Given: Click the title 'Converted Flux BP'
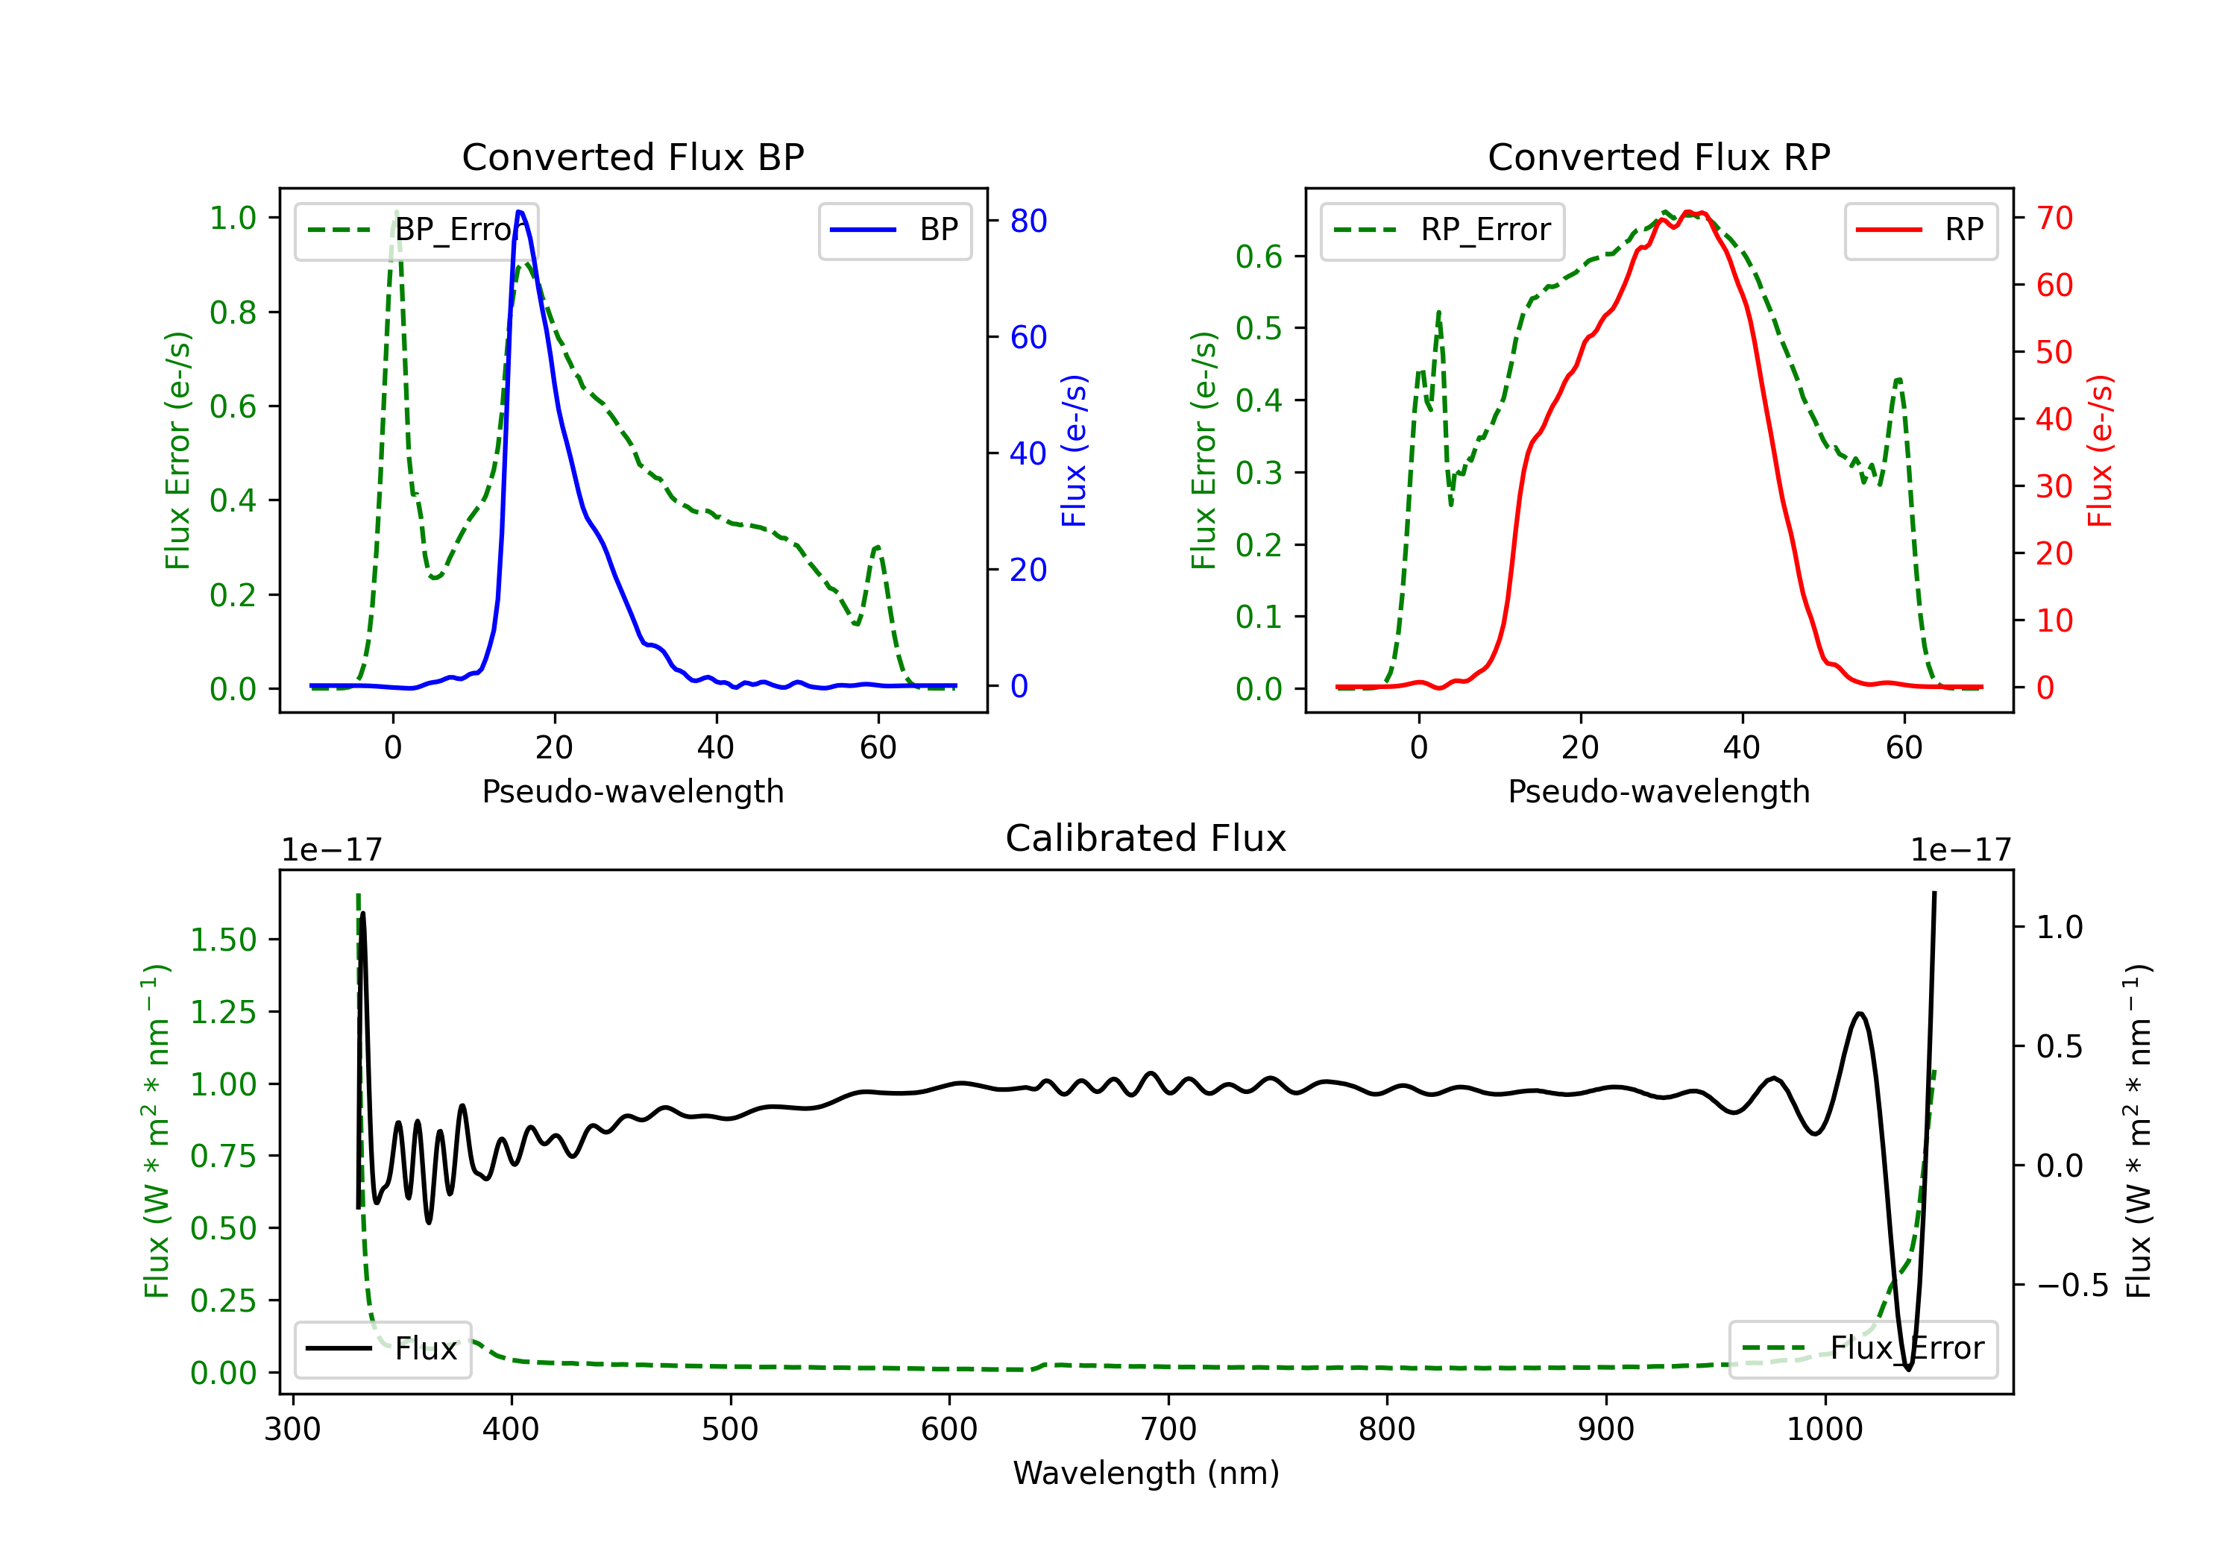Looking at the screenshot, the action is (633, 157).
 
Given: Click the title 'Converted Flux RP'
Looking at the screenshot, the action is (1659, 157).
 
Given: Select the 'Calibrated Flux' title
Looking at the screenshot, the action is (1146, 838).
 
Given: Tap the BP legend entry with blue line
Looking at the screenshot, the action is (894, 230).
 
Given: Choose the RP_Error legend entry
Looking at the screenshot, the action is (1442, 230).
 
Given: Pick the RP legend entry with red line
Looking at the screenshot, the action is (1920, 230).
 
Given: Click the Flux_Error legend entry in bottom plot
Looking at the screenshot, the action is (1863, 1349).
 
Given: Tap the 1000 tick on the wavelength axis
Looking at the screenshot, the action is (1825, 1430).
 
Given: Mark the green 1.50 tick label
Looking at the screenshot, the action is (223, 940).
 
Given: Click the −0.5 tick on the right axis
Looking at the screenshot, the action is (2072, 1286).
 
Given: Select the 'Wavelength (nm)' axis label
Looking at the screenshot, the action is (1146, 1474).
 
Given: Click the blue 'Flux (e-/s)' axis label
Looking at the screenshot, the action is (1074, 451).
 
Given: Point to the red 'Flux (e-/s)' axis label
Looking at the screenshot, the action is (2101, 451).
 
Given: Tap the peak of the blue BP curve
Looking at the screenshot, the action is (519, 212).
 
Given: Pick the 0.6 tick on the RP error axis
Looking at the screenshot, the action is (1259, 257).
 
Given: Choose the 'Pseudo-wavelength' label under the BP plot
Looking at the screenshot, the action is (633, 791).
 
